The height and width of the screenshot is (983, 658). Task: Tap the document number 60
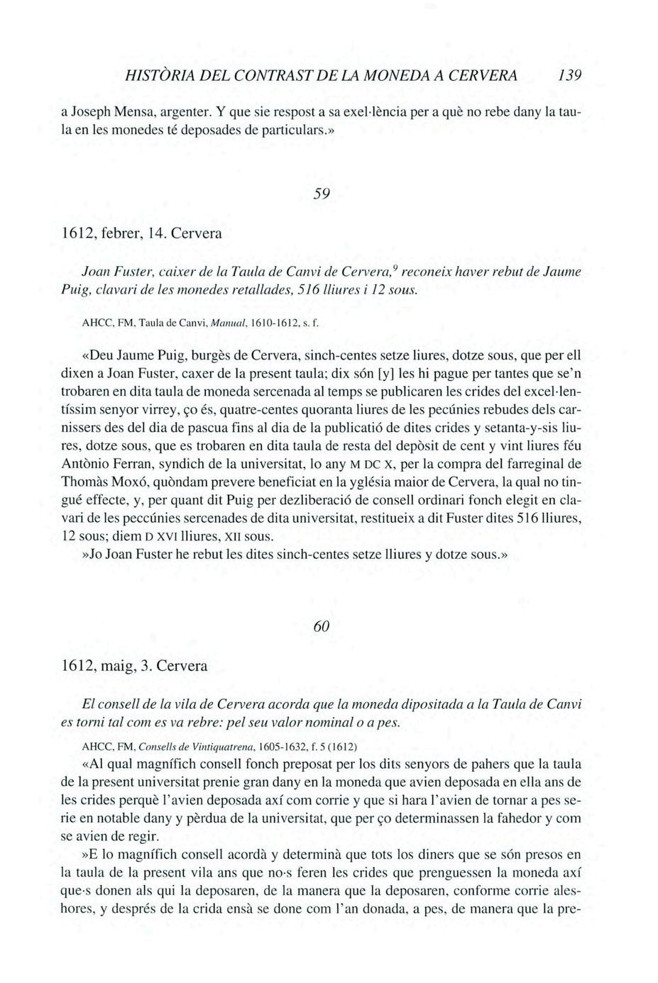[322, 626]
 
